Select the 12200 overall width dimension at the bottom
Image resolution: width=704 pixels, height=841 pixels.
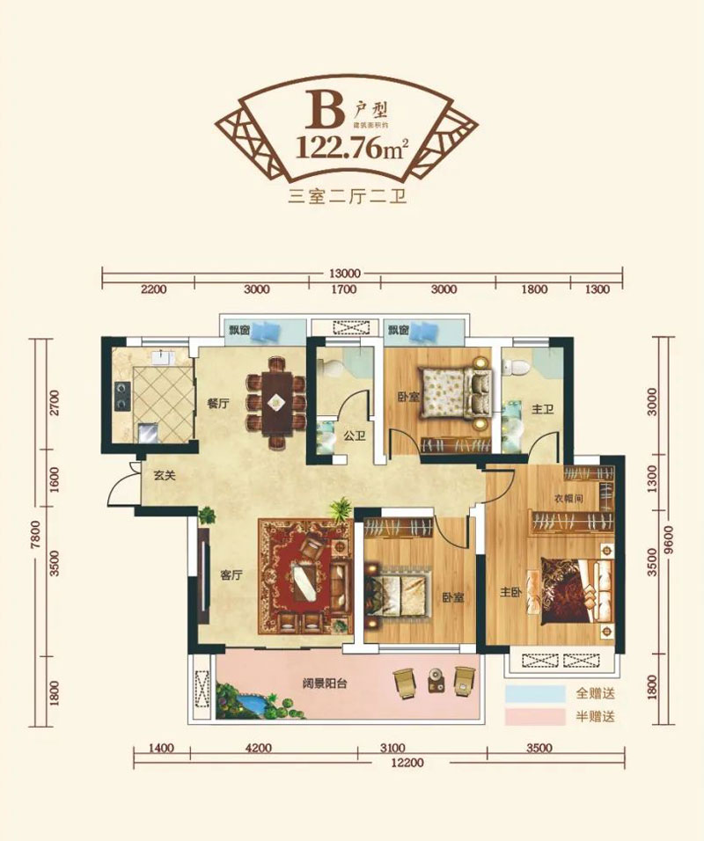(383, 762)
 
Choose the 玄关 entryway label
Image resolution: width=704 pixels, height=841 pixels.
(166, 476)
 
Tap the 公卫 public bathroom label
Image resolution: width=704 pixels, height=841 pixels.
(356, 435)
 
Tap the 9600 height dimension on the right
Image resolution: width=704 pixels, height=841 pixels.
(671, 553)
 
